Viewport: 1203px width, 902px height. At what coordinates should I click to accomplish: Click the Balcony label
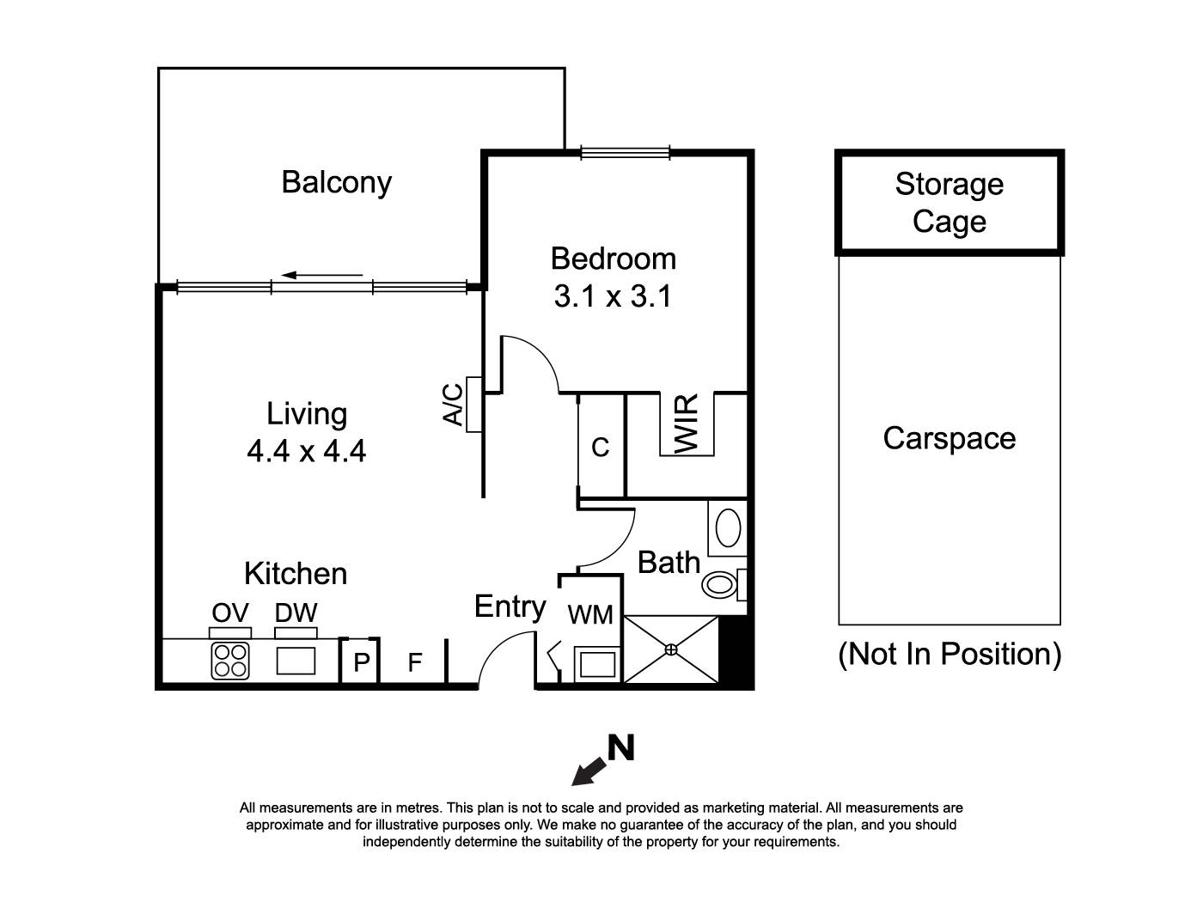pyautogui.click(x=336, y=182)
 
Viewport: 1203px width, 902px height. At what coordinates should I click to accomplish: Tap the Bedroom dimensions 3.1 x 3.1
pyautogui.click(x=612, y=296)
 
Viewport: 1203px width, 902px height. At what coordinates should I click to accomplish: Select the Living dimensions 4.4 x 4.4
pyautogui.click(x=306, y=450)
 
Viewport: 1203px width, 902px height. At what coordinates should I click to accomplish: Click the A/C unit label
pyautogui.click(x=454, y=405)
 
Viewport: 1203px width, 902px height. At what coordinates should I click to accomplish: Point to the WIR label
pyautogui.click(x=687, y=424)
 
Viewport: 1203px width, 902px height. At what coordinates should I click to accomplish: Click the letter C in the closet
pyautogui.click(x=601, y=447)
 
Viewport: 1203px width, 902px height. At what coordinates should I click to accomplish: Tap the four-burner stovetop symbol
pyautogui.click(x=230, y=661)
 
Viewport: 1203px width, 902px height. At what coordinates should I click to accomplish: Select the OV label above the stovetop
pyautogui.click(x=230, y=613)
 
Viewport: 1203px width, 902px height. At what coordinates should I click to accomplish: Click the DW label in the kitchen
pyautogui.click(x=296, y=613)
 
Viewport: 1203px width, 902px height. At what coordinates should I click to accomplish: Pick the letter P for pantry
pyautogui.click(x=361, y=662)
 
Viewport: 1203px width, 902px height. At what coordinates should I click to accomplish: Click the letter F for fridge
pyautogui.click(x=414, y=662)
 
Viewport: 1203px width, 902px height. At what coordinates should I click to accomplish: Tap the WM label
pyautogui.click(x=590, y=614)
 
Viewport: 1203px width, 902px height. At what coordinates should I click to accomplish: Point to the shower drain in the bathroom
pyautogui.click(x=671, y=649)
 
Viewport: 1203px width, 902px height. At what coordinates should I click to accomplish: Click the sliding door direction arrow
pyautogui.click(x=322, y=276)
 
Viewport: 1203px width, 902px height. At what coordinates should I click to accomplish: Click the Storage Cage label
pyautogui.click(x=949, y=203)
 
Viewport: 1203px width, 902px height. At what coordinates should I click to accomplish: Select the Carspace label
pyautogui.click(x=949, y=438)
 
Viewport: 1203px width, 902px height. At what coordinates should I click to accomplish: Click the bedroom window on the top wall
pyautogui.click(x=625, y=153)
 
